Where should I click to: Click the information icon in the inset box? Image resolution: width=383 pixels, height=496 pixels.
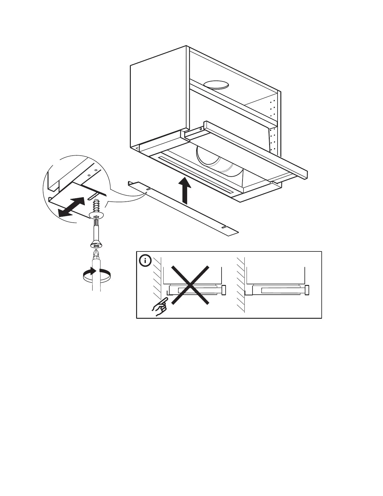pyautogui.click(x=145, y=261)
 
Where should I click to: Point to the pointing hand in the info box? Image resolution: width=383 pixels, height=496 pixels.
pyautogui.click(x=160, y=307)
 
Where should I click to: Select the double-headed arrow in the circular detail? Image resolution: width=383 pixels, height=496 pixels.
pyautogui.click(x=71, y=207)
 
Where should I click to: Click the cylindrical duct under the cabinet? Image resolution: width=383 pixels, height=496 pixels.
pyautogui.click(x=219, y=163)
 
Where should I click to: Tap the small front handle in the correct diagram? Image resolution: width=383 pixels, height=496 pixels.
pyautogui.click(x=307, y=290)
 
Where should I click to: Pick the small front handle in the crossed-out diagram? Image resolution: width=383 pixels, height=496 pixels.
pyautogui.click(x=224, y=290)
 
